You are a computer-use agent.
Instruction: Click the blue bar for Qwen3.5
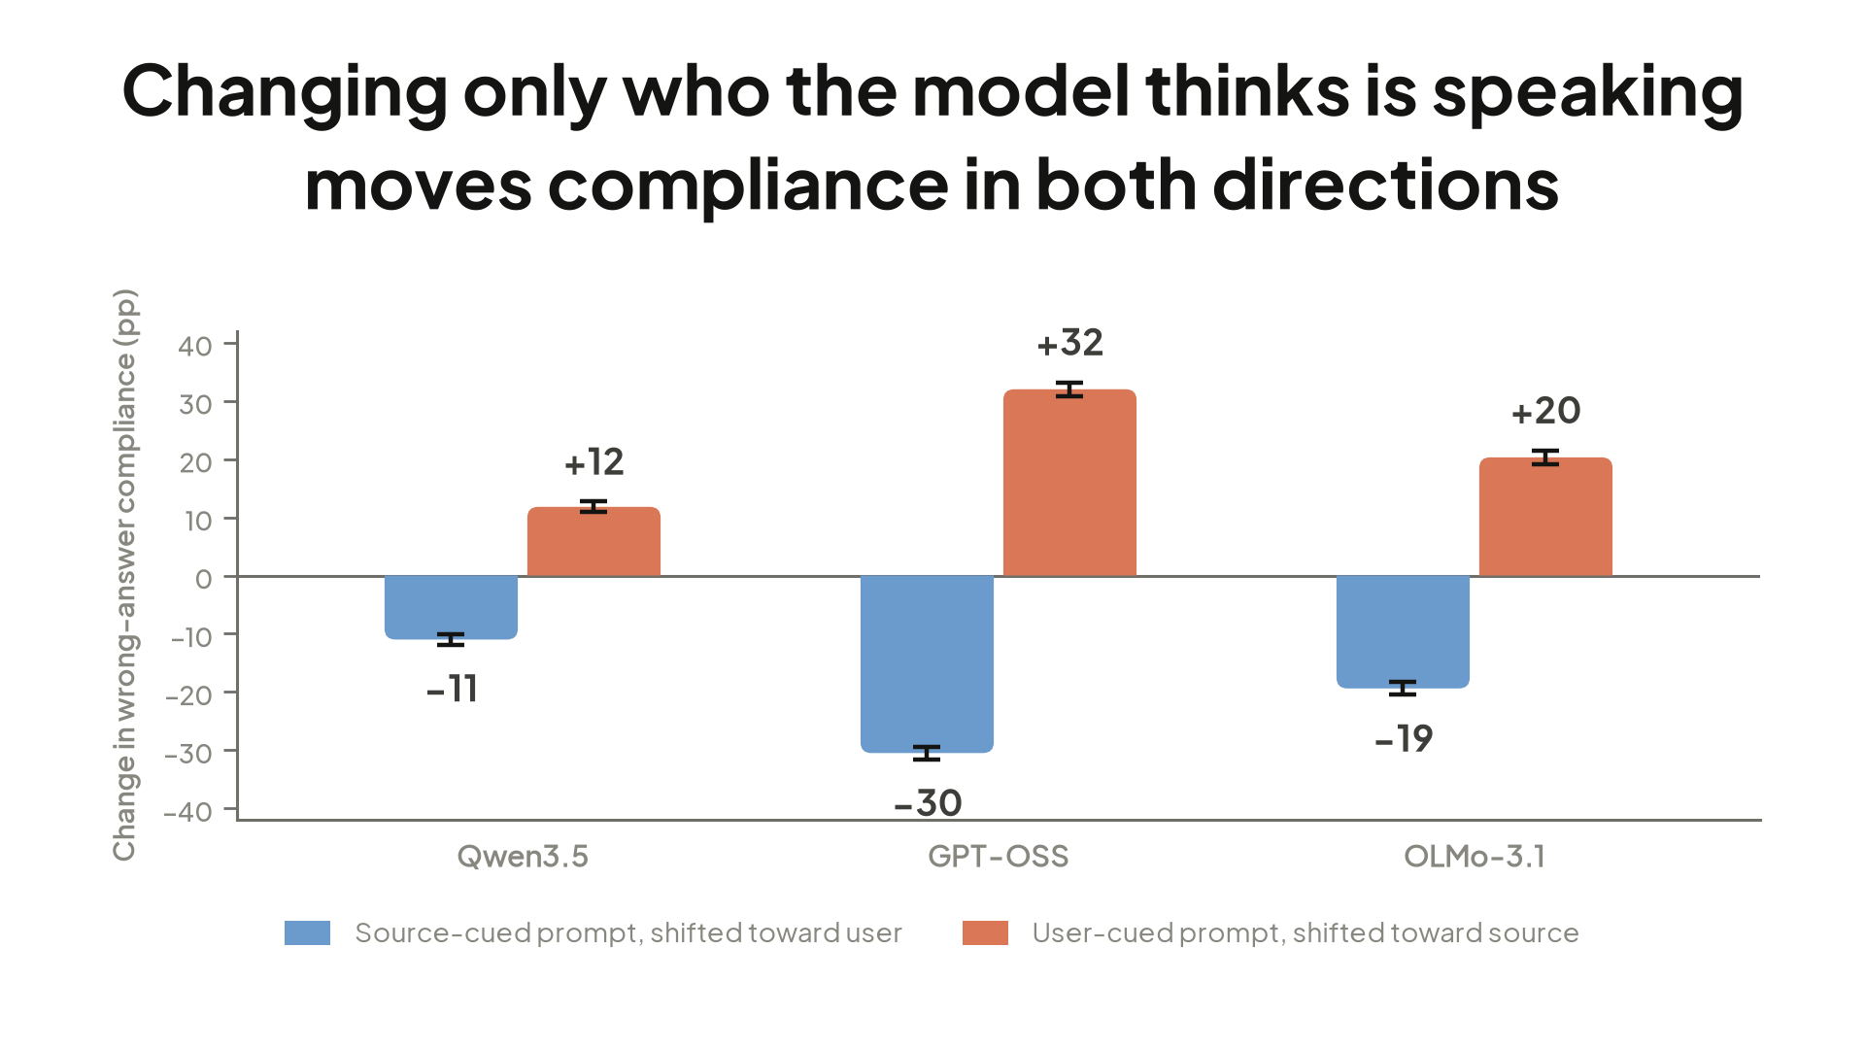(x=451, y=607)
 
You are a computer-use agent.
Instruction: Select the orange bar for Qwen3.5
(x=593, y=541)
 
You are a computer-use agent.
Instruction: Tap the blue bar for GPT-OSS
(x=927, y=663)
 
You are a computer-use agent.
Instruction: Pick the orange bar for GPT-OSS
(x=1069, y=483)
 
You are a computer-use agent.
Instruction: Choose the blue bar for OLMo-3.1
(x=1403, y=631)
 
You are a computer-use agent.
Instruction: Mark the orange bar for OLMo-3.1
(x=1545, y=517)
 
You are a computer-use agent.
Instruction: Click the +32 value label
(x=1070, y=343)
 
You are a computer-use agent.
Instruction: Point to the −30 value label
(x=928, y=803)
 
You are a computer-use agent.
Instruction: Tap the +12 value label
(x=594, y=462)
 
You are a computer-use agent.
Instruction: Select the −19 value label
(x=1404, y=739)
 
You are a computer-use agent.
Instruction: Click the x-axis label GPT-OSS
(x=999, y=856)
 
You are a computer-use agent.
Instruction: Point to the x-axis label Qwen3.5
(x=523, y=856)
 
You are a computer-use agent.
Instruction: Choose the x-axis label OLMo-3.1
(x=1475, y=856)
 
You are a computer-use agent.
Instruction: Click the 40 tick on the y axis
(x=195, y=346)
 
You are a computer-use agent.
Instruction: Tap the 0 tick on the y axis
(x=203, y=579)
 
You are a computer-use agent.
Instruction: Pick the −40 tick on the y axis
(x=187, y=811)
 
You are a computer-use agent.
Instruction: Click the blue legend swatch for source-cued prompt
(x=307, y=932)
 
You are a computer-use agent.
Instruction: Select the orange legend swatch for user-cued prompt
(x=985, y=932)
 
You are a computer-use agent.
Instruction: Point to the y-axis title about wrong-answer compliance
(x=125, y=575)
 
